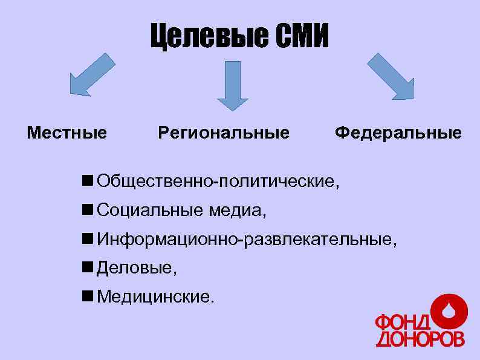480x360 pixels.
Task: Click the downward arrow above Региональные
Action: click(232, 85)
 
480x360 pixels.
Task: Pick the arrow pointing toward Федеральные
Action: click(391, 76)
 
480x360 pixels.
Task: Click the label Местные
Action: click(67, 132)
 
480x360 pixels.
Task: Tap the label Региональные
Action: click(224, 132)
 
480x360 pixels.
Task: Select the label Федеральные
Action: click(398, 132)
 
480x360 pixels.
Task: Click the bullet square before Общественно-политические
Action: click(88, 179)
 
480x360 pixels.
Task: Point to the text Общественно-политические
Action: click(218, 180)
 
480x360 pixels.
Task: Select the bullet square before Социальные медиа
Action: click(88, 209)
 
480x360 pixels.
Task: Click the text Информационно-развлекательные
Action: click(247, 239)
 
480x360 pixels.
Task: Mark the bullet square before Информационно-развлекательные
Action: click(88, 238)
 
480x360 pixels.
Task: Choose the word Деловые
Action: click(135, 268)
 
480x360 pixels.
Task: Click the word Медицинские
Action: click(154, 297)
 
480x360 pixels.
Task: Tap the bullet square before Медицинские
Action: click(88, 296)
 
